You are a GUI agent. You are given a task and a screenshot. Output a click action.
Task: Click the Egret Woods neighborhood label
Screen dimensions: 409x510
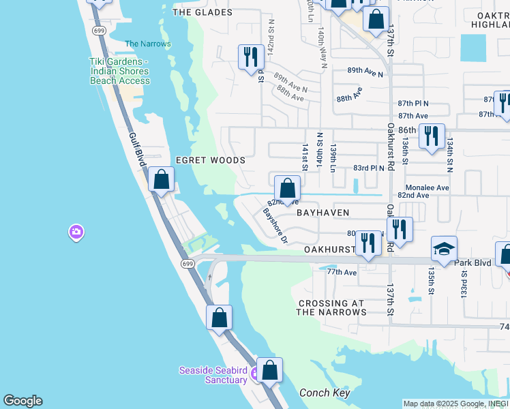[x=210, y=160]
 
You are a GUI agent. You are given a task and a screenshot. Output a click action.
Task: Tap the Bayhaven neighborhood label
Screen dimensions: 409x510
[x=322, y=213]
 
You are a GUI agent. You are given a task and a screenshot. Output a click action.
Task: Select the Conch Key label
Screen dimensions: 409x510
[x=325, y=393]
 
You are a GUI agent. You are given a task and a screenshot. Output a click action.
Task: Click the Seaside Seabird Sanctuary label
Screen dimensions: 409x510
[x=212, y=375]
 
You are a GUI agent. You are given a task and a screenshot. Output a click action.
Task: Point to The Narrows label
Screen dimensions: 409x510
[x=148, y=44]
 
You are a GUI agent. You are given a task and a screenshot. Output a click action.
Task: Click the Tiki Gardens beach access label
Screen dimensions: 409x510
[x=119, y=71]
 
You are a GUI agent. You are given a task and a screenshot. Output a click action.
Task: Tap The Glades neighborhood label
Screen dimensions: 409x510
[x=202, y=12]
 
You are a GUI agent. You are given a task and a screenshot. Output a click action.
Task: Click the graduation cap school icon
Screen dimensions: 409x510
[x=443, y=249]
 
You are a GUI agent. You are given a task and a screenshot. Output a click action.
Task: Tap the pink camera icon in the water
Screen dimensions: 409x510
[x=76, y=232]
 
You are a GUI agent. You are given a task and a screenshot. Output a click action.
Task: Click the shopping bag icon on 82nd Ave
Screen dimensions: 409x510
[x=288, y=187]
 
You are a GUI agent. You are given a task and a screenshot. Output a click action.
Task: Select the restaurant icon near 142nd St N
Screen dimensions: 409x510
[x=251, y=56]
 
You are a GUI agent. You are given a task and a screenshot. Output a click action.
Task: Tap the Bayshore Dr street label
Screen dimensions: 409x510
[x=276, y=226]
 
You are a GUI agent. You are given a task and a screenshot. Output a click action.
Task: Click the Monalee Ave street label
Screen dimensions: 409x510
[x=427, y=187]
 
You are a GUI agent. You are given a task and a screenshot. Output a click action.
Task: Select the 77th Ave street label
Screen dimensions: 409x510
[x=342, y=272]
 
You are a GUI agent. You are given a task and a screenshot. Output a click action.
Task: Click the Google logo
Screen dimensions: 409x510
[x=22, y=401]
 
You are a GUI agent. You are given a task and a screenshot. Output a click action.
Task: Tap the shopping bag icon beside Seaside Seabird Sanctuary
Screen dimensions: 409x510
[x=270, y=370]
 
